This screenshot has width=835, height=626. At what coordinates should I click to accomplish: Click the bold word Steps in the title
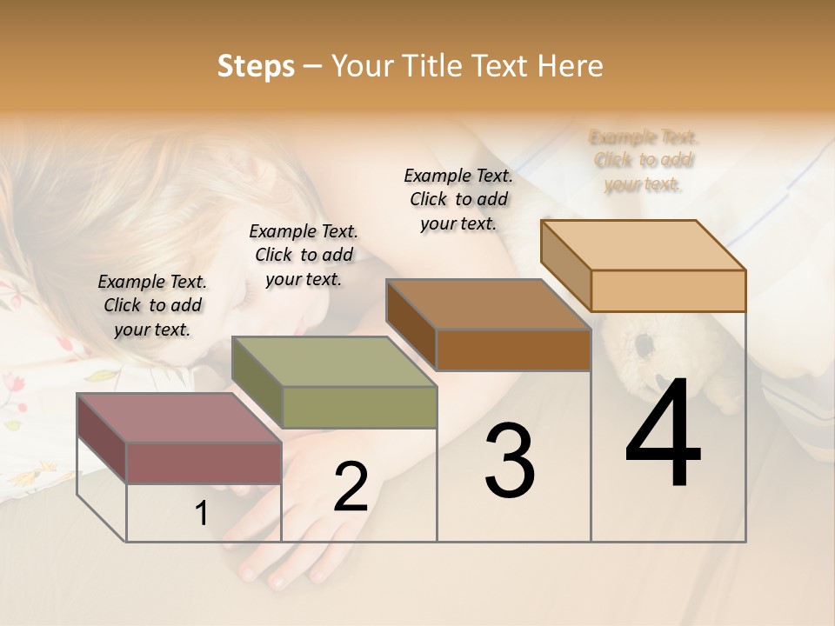pyautogui.click(x=256, y=66)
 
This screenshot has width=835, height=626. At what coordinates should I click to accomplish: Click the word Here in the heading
pyautogui.click(x=571, y=66)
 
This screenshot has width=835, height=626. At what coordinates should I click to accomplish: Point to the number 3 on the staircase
pyautogui.click(x=509, y=461)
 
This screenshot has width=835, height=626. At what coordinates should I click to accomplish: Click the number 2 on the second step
pyautogui.click(x=351, y=487)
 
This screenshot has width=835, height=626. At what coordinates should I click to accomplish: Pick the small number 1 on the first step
pyautogui.click(x=201, y=514)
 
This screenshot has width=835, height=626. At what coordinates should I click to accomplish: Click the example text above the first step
pyautogui.click(x=152, y=305)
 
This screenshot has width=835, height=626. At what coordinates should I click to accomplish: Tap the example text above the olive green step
pyautogui.click(x=304, y=255)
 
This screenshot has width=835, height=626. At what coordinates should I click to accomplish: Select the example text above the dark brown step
pyautogui.click(x=458, y=199)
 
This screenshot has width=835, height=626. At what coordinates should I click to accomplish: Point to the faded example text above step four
pyautogui.click(x=644, y=160)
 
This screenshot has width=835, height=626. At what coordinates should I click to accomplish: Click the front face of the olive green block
pyautogui.click(x=359, y=407)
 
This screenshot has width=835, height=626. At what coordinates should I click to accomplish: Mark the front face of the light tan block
pyautogui.click(x=668, y=290)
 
